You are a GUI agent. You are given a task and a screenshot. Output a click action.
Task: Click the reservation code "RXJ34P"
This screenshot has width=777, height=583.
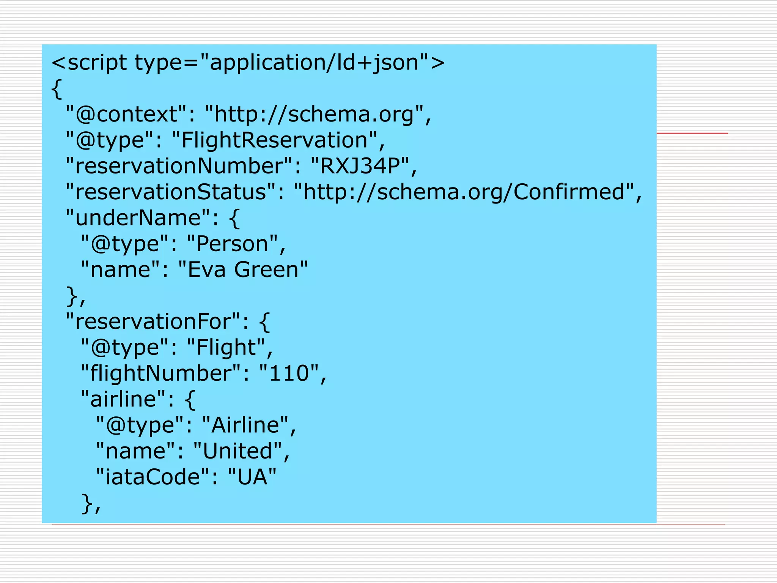[360, 166]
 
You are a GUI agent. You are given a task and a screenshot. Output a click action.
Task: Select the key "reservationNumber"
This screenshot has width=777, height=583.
[179, 166]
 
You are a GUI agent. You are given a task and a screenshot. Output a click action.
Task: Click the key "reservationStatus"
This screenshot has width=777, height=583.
[170, 192]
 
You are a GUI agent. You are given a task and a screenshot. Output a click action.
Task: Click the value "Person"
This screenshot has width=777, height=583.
[233, 244]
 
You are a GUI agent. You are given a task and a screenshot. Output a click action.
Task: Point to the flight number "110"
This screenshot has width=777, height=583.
[289, 373]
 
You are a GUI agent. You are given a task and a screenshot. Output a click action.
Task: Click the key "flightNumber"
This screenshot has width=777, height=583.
[161, 373]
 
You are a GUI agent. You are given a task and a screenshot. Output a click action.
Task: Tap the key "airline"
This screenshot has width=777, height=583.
[123, 399]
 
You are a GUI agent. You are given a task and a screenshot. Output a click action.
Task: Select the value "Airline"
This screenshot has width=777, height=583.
[245, 425]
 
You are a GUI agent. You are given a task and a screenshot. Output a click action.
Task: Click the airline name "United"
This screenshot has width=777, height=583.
[238, 451]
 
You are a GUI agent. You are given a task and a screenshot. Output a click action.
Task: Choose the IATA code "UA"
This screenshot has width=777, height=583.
[252, 477]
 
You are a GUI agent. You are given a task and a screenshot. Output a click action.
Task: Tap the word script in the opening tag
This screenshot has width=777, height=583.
[97, 63]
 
